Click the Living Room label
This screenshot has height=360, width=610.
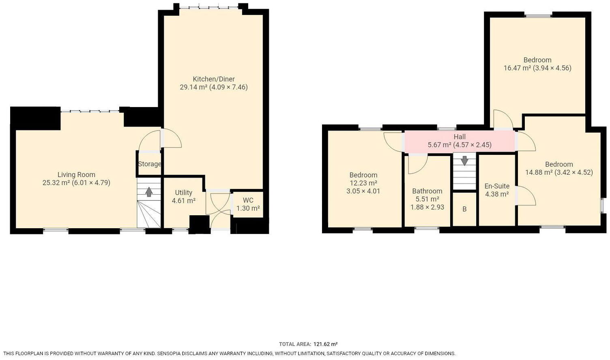(x=76, y=175)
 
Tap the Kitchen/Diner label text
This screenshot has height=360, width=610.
(x=214, y=79)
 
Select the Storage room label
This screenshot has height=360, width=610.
(x=149, y=164)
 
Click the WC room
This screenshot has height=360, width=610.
(x=248, y=204)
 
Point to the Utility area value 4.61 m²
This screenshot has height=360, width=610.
(x=184, y=200)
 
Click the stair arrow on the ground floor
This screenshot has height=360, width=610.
(x=149, y=191)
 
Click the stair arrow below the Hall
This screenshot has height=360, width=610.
(x=464, y=160)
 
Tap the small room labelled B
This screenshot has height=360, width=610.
(x=464, y=209)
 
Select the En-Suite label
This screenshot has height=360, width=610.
(x=497, y=186)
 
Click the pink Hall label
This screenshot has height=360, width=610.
(x=460, y=137)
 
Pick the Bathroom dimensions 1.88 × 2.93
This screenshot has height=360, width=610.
(x=427, y=207)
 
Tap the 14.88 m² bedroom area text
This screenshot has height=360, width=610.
(x=539, y=172)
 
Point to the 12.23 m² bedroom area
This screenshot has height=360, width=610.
(x=363, y=183)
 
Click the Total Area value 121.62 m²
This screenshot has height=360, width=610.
(x=325, y=344)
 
